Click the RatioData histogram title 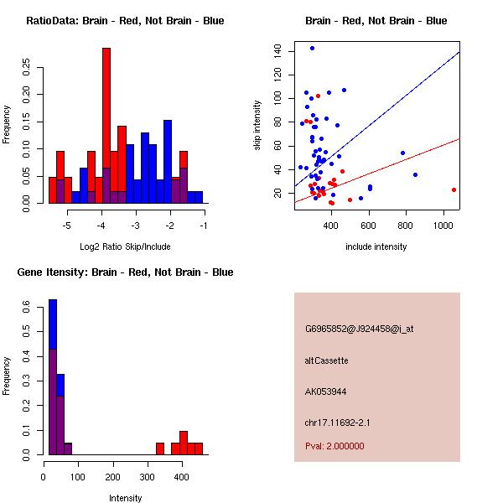coord(125,21)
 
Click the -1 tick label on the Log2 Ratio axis coord(204,226)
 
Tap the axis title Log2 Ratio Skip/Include coord(124,246)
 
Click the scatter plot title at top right coord(376,21)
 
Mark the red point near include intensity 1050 coord(454,189)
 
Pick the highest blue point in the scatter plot coord(312,49)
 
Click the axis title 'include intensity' coord(376,246)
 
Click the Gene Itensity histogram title coord(125,272)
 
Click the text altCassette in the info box coord(327,360)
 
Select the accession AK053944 coord(326,392)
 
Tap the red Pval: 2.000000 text coord(334,446)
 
